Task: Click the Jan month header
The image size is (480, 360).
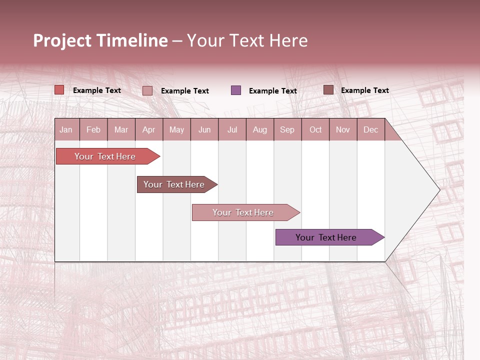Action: [66, 129]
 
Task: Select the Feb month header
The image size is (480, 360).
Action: [93, 129]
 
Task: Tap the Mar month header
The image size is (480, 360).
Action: [121, 129]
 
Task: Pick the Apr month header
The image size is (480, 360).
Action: [149, 129]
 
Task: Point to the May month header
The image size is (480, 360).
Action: [176, 129]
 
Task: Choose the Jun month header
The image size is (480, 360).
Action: [204, 129]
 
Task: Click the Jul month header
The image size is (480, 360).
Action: [232, 129]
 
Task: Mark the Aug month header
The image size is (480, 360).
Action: [260, 129]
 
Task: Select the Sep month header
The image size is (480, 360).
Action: [287, 129]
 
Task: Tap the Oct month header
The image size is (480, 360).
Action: [315, 129]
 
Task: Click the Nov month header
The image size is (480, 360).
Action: [343, 129]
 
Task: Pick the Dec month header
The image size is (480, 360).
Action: [370, 129]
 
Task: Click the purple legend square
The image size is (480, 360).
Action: [236, 90]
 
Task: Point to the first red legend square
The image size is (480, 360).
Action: [59, 90]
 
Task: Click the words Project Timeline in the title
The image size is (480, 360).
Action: [100, 40]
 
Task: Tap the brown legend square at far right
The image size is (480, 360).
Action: [328, 90]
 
